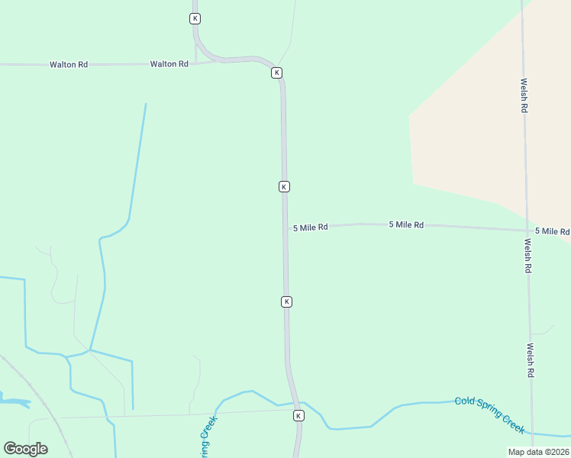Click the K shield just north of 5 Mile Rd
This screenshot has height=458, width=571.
click(284, 186)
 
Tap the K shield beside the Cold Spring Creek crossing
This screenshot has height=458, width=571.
click(298, 415)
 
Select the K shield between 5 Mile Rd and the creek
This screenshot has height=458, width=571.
click(286, 302)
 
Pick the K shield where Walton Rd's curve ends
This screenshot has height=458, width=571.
click(276, 73)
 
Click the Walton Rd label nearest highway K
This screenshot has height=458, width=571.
click(169, 64)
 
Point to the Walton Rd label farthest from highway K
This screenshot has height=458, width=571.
click(69, 65)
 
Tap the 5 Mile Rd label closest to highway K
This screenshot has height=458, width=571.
click(310, 227)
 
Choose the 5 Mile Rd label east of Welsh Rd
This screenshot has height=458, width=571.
click(552, 231)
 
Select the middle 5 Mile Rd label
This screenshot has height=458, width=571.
click(406, 224)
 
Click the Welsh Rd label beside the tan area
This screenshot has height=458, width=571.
click(524, 95)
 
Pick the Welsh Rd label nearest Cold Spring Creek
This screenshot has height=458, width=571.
click(530, 360)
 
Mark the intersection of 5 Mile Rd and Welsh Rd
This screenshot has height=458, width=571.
click(527, 230)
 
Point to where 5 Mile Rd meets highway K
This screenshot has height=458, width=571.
click(285, 227)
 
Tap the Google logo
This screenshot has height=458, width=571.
click(25, 449)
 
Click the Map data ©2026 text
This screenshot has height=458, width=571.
click(538, 452)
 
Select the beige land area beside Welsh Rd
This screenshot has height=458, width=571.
click(473, 130)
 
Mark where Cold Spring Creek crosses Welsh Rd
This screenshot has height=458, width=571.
click(532, 432)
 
